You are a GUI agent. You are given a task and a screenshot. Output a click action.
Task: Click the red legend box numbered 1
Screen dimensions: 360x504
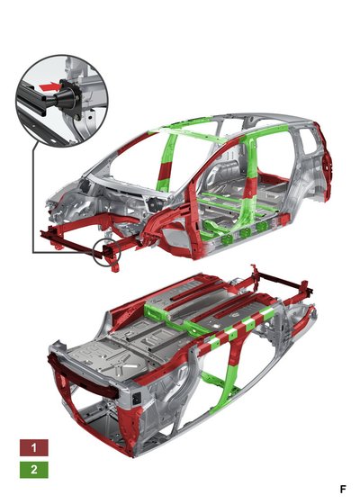pyautogui.click(x=34, y=448)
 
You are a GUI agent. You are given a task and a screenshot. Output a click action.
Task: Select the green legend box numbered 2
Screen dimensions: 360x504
pyautogui.click(x=34, y=470)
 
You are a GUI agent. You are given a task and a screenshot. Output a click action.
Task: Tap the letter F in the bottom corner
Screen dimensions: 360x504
pyautogui.click(x=343, y=490)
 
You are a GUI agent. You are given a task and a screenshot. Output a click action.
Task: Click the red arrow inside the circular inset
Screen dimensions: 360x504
pyautogui.click(x=49, y=86)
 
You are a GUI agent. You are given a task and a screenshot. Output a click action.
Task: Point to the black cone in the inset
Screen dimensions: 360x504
pyautogui.click(x=66, y=96)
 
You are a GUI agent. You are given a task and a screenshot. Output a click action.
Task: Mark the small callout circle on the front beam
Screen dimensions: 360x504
pyautogui.click(x=106, y=252)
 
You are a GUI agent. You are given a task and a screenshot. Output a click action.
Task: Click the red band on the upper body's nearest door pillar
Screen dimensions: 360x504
pyautogui.click(x=250, y=188)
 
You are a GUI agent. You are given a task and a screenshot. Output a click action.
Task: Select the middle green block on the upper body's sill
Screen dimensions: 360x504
pyautogui.click(x=245, y=232)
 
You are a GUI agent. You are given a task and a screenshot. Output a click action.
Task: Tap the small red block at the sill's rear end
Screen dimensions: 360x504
pyautogui.click(x=283, y=220)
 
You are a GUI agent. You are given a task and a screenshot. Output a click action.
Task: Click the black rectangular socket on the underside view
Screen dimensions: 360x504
pyautogui.click(x=137, y=399)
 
